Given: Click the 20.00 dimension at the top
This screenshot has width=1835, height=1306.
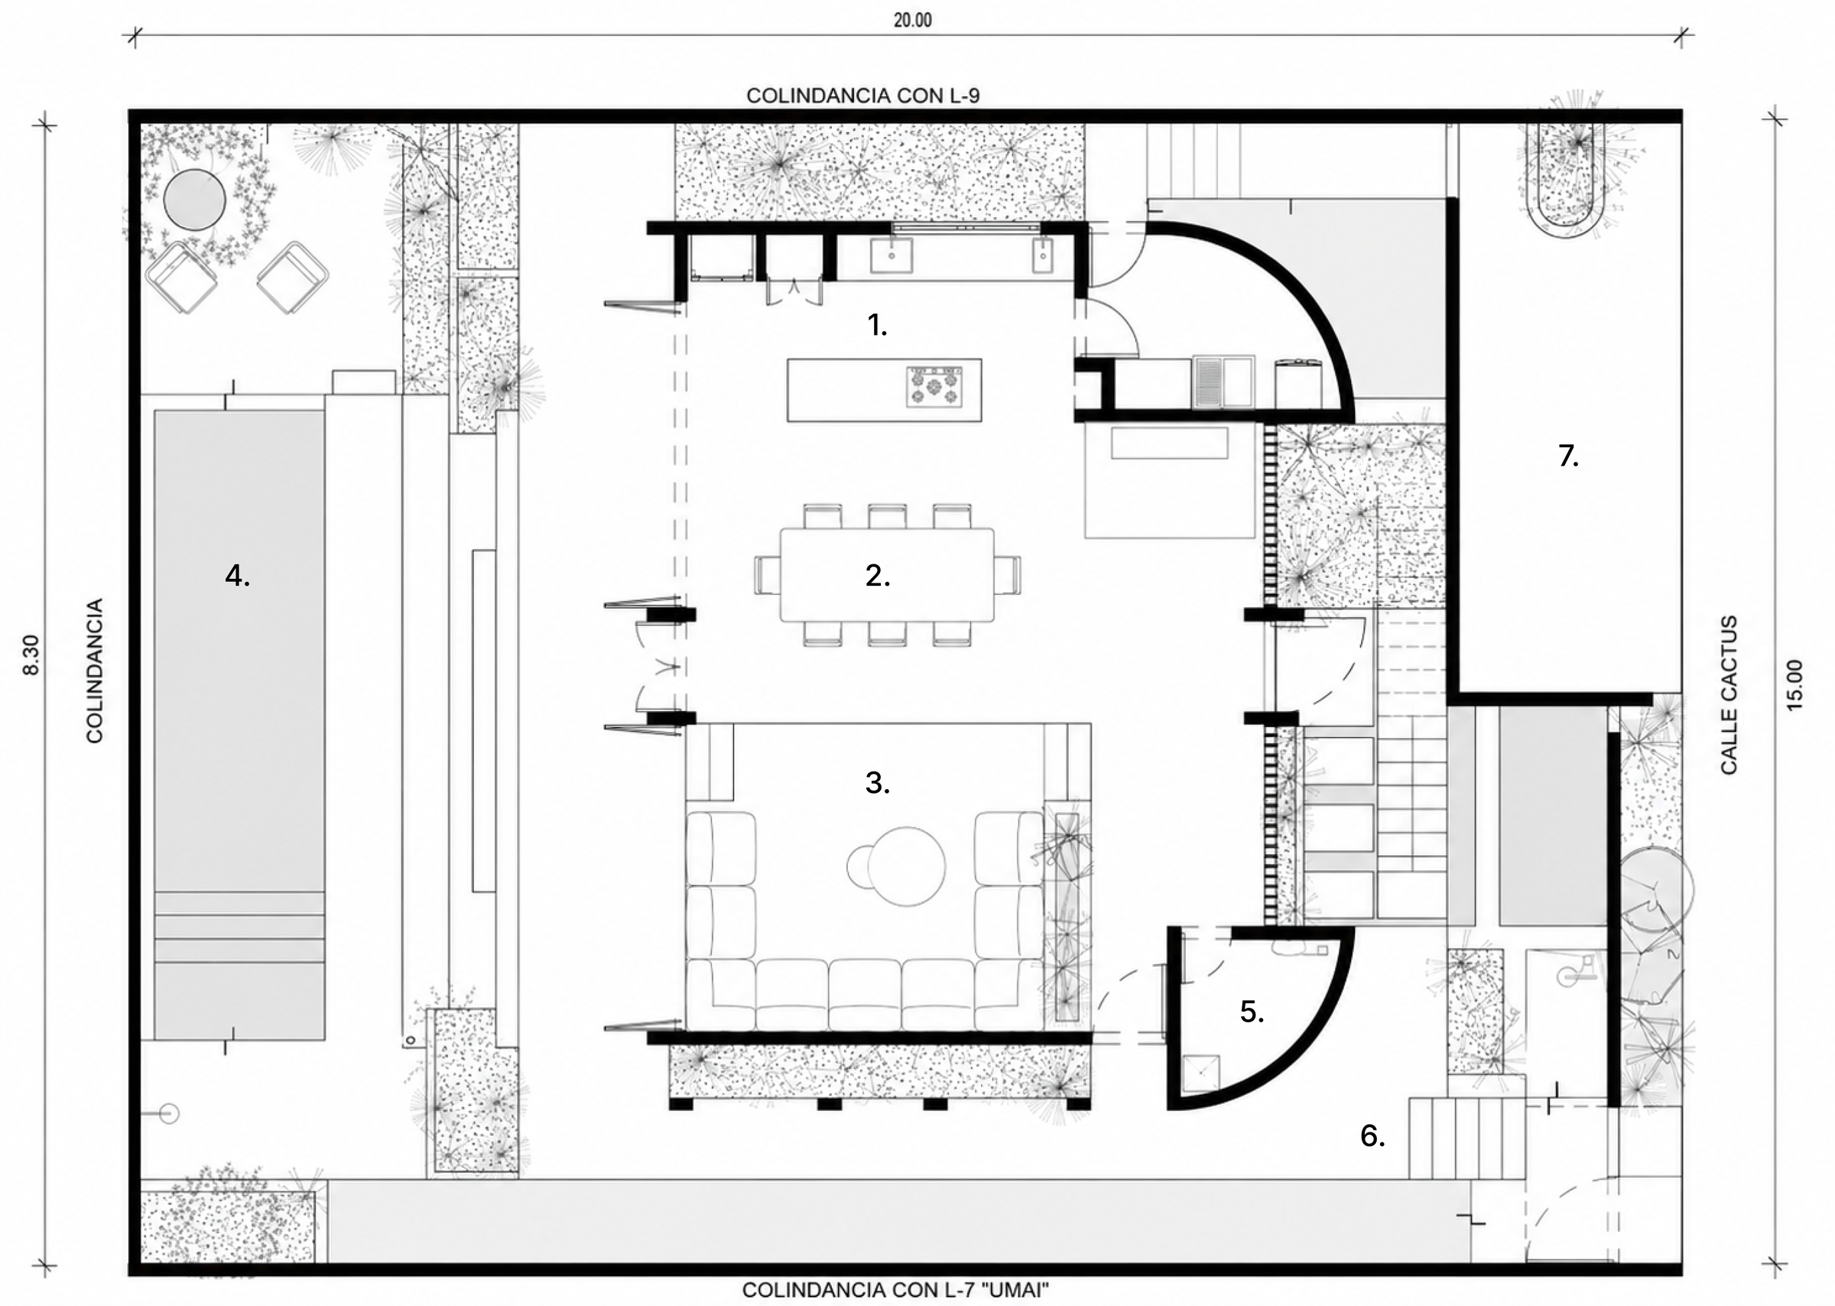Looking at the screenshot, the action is tap(913, 20).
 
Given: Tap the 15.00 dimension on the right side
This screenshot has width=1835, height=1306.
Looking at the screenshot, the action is tap(1794, 684).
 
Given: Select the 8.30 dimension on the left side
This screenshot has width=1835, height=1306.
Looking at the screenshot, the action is tap(31, 655).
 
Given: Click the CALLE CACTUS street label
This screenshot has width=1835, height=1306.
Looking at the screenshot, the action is tap(1729, 695).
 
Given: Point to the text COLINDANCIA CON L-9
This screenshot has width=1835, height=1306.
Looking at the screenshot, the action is tap(862, 96).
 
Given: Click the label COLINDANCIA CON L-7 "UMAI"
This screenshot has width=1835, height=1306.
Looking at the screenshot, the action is tap(895, 1290).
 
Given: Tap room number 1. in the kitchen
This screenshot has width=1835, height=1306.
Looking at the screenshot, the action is tap(876, 326).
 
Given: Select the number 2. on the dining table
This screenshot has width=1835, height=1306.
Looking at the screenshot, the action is tap(877, 576).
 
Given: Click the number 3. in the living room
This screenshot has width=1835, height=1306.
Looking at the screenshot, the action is tap(877, 782).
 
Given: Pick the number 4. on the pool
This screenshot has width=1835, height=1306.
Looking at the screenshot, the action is tap(237, 576).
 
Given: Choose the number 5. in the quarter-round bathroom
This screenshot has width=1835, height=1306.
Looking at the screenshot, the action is tap(1252, 1012).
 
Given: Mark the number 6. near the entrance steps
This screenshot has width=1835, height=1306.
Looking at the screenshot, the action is tap(1372, 1135).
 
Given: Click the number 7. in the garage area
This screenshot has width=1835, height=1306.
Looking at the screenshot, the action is tap(1568, 456).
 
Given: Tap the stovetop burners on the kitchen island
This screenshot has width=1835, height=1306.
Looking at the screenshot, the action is tap(934, 387).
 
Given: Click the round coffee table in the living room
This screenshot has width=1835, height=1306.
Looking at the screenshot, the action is tap(906, 866).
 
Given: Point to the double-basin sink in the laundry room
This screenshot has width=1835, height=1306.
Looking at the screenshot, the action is tap(1223, 382).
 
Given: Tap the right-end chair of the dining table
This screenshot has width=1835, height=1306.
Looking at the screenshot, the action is tap(1008, 575).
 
